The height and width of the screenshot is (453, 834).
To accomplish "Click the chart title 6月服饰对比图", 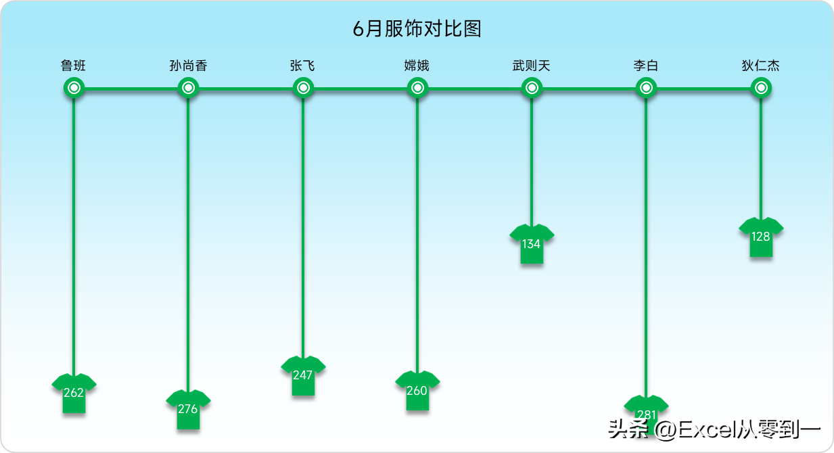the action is (x=417, y=28).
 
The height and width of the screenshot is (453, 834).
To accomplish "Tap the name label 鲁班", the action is (x=73, y=66).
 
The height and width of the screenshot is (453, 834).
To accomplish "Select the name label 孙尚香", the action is (x=188, y=66).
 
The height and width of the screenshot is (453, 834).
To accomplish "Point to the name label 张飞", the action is (x=303, y=66).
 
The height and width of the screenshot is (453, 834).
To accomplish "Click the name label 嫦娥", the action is (x=417, y=66).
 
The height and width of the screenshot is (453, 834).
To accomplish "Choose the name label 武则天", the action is (x=531, y=66).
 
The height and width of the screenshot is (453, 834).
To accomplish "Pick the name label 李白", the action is (x=646, y=66).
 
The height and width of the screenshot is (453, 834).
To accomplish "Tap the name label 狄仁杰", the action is (x=761, y=66).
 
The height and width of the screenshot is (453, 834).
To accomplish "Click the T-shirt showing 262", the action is (x=74, y=393).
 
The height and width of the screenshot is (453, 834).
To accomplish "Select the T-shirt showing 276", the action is (x=188, y=410).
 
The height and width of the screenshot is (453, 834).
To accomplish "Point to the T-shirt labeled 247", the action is (x=303, y=375).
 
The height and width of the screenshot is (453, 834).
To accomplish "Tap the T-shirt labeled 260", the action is (x=417, y=391).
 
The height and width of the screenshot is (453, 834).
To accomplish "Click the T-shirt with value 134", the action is (x=532, y=244).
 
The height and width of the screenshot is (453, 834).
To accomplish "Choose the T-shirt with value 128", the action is (x=761, y=237).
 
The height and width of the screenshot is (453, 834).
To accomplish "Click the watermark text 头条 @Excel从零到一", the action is (x=714, y=430).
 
